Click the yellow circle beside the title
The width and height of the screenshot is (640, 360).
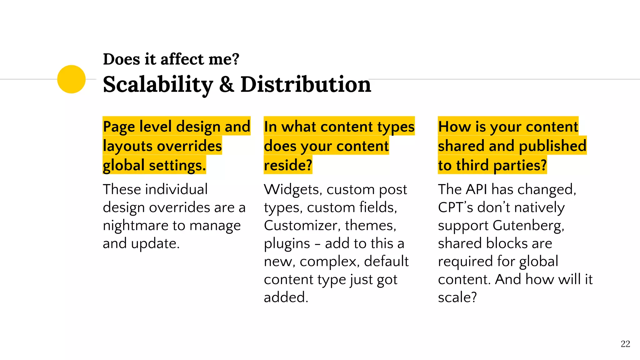pyautogui.click(x=71, y=79)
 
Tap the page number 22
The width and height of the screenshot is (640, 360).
pyautogui.click(x=625, y=344)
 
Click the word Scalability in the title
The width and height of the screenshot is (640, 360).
pyautogui.click(x=158, y=85)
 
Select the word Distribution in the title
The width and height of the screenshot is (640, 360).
pyautogui.click(x=306, y=85)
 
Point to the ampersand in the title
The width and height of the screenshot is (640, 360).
pyautogui.click(x=227, y=85)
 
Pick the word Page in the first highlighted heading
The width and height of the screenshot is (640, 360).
pyautogui.click(x=119, y=127)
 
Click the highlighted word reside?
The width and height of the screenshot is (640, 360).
pyautogui.click(x=288, y=165)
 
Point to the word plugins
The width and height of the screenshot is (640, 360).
pyautogui.click(x=287, y=244)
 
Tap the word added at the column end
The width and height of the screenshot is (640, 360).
pyautogui.click(x=286, y=297)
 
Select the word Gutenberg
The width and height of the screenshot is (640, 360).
pyautogui.click(x=528, y=226)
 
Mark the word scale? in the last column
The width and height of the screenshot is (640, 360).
pyautogui.click(x=457, y=297)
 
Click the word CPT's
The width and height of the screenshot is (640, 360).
pyautogui.click(x=455, y=207)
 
